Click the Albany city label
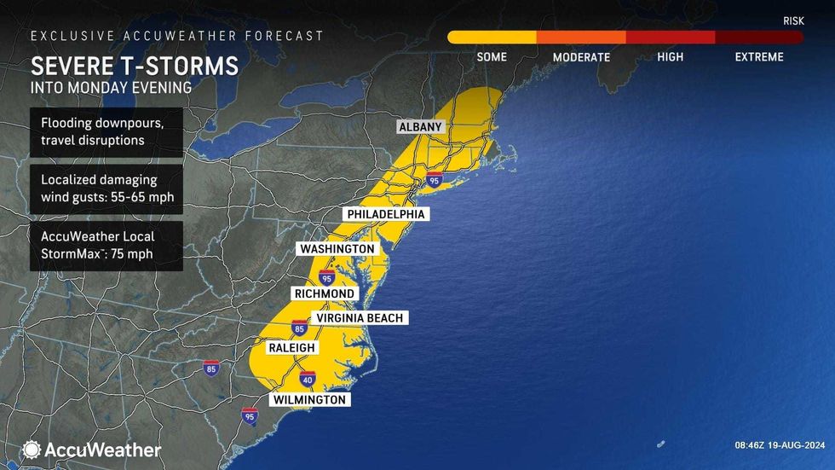pyautogui.click(x=421, y=127)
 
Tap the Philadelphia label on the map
pyautogui.click(x=385, y=214)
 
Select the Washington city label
pyautogui.click(x=336, y=248)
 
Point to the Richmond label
pyautogui.click(x=324, y=293)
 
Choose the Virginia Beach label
pyautogui.click(x=359, y=318)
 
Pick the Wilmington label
pyautogui.click(x=309, y=399)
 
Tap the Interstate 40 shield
pyautogui.click(x=308, y=378)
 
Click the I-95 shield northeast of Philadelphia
pyautogui.click(x=435, y=180)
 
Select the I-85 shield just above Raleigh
pyautogui.click(x=299, y=327)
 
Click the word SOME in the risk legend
pyautogui.click(x=492, y=57)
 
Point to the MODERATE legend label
pyautogui.click(x=581, y=57)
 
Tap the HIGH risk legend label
pyautogui.click(x=670, y=57)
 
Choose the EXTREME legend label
pyautogui.click(x=759, y=57)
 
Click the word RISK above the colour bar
pyautogui.click(x=793, y=20)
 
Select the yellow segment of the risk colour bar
pyautogui.click(x=492, y=38)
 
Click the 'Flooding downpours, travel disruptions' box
pyautogui.click(x=106, y=131)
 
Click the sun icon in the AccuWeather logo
pyautogui.click(x=32, y=450)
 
